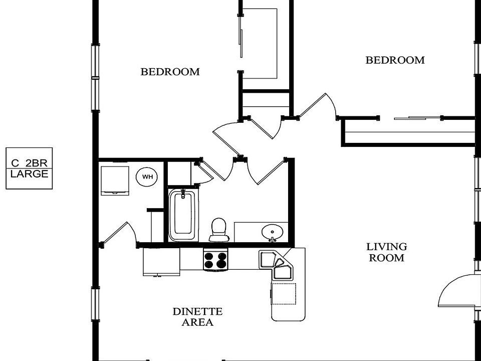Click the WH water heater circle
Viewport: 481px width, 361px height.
[147, 176]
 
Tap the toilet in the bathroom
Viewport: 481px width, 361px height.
[218, 229]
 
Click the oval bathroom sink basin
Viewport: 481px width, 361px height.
[272, 232]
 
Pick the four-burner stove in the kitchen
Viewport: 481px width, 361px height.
[215, 260]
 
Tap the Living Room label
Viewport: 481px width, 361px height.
[386, 252]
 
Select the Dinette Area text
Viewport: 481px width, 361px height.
[197, 317]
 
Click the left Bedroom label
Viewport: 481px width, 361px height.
[170, 72]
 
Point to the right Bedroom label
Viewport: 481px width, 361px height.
[395, 60]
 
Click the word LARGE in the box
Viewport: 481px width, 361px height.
[30, 174]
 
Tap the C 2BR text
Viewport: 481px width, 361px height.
[30, 162]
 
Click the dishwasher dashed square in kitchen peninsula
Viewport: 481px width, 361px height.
[284, 293]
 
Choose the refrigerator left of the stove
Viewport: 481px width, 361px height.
[161, 261]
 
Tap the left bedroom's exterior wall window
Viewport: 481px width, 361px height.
[95, 78]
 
